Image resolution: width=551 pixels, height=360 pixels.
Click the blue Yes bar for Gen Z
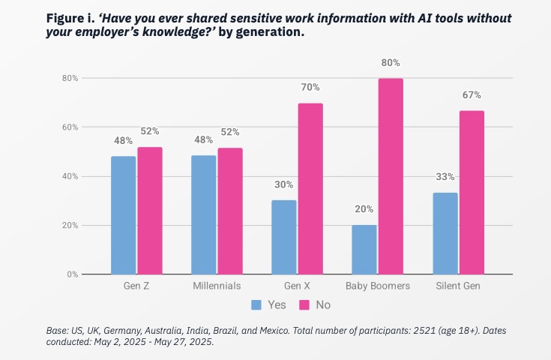[x=123, y=215]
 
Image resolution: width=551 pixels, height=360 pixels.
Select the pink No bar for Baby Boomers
[x=391, y=176]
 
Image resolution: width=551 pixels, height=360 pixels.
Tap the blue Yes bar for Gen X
[x=284, y=237]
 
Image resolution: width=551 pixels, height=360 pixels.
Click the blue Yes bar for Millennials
[x=203, y=215]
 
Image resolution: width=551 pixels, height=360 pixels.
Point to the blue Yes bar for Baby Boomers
[x=364, y=250]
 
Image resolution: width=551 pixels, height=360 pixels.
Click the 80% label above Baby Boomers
[x=391, y=63]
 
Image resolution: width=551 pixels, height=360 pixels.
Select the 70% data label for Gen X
[x=310, y=88]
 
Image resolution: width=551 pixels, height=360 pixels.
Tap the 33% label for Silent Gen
[x=445, y=177]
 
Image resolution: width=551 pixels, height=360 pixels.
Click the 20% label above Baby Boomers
[x=364, y=209]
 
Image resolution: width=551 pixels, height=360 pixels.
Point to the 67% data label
[x=472, y=95]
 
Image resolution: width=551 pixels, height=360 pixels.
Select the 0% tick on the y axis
[x=72, y=274]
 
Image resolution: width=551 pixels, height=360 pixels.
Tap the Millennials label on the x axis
[x=217, y=286]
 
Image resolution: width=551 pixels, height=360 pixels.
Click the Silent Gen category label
[x=459, y=286]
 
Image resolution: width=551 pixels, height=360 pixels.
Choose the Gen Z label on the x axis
[x=136, y=286]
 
